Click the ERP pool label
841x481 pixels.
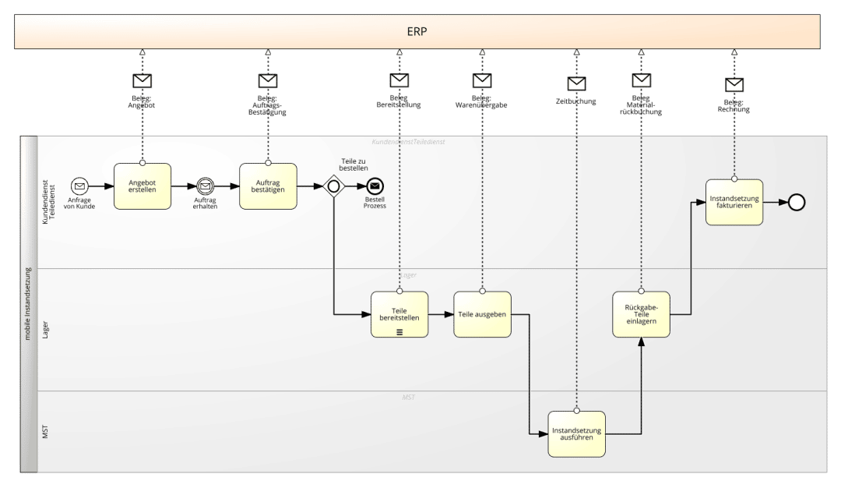[418, 32]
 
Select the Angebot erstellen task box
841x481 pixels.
[143, 186]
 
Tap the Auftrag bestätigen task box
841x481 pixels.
[268, 186]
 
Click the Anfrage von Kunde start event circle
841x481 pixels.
[79, 186]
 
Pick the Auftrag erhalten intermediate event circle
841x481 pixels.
[206, 186]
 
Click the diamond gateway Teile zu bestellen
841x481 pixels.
[333, 186]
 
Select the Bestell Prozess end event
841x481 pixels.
[375, 186]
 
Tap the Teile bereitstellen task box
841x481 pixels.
[399, 313]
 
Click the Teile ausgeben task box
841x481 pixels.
[483, 313]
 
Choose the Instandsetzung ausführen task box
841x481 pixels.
[576, 433]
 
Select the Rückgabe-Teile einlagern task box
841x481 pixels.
[641, 313]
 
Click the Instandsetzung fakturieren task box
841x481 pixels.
[734, 202]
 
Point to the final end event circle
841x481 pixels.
[796, 202]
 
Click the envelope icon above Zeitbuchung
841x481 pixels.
[576, 84]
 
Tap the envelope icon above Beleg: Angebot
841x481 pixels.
[143, 81]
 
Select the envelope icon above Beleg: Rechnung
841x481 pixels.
[734, 85]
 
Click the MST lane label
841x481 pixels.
[45, 431]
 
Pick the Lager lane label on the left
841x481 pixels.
[45, 329]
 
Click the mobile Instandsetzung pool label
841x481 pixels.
[29, 304]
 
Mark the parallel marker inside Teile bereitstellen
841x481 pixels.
[399, 331]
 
